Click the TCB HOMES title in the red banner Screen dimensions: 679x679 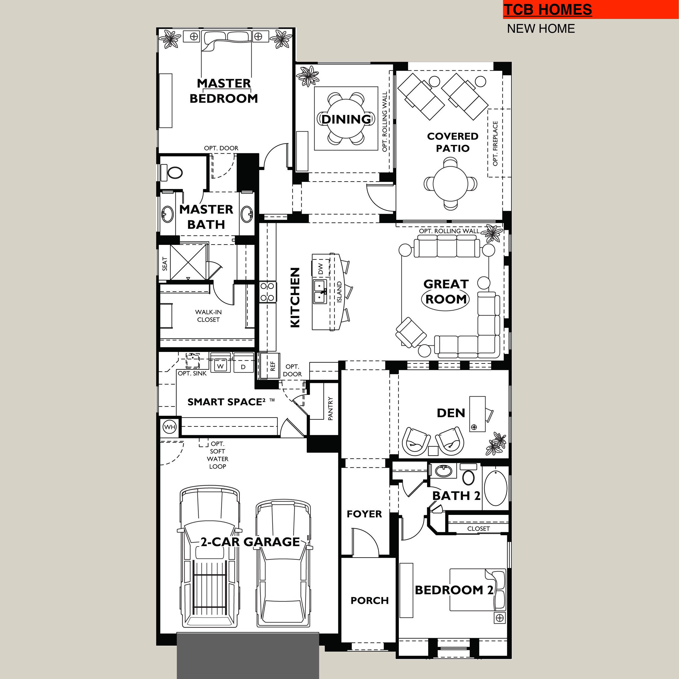548,10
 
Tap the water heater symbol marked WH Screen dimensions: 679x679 170,427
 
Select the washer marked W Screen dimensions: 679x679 220,366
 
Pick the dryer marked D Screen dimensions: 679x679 243,367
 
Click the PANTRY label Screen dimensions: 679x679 330,408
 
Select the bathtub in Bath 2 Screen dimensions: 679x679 495,488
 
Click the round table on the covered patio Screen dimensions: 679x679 451,184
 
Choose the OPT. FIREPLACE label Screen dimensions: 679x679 495,143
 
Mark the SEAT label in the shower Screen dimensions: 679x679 164,264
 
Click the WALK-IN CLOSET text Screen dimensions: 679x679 208,315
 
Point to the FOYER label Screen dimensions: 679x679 364,514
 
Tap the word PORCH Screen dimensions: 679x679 370,600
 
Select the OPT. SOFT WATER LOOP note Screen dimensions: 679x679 217,455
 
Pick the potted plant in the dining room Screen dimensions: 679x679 308,76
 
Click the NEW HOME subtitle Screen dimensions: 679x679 541,29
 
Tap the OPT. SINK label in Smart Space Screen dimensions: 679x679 192,373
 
